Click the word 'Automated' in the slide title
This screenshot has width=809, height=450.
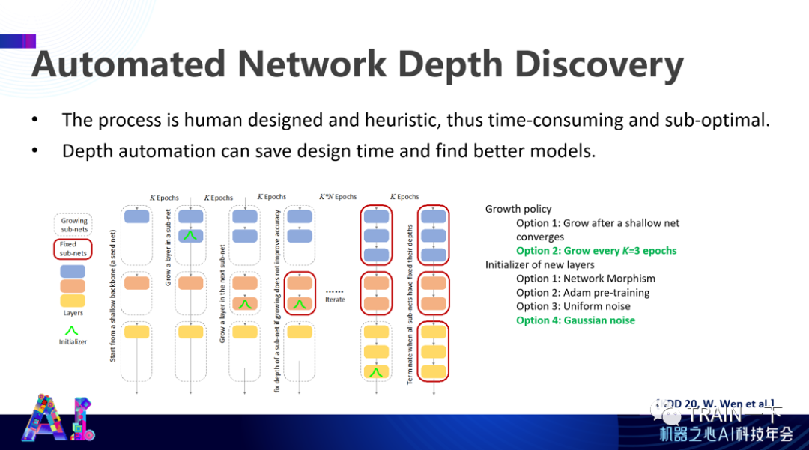(127, 65)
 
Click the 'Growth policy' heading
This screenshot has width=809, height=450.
(518, 210)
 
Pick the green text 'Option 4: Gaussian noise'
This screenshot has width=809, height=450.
(575, 320)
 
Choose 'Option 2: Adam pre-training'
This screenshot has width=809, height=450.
(582, 293)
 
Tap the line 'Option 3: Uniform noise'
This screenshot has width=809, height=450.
(573, 306)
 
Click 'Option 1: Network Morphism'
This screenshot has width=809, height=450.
(586, 279)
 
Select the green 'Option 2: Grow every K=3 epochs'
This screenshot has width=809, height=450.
(596, 251)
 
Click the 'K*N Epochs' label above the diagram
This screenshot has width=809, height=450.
(338, 197)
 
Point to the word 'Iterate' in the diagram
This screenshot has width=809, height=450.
(335, 300)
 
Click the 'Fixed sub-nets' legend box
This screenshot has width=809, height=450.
(73, 249)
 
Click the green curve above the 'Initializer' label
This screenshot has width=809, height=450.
(73, 329)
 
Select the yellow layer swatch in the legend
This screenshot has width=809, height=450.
(73, 301)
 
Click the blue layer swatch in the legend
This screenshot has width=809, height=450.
(73, 271)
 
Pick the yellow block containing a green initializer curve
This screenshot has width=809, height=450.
(375, 371)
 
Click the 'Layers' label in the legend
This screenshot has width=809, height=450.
(73, 314)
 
